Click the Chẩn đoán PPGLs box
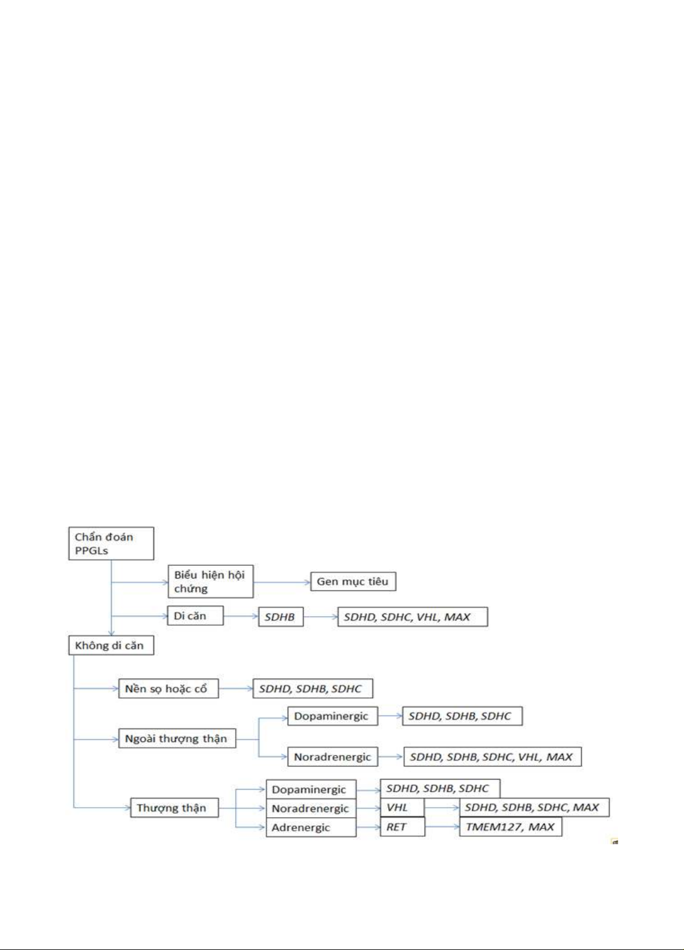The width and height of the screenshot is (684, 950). (x=111, y=543)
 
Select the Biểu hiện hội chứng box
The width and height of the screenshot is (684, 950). (x=211, y=582)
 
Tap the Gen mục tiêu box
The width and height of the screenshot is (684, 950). (x=353, y=582)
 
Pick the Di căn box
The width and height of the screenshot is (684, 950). (x=195, y=616)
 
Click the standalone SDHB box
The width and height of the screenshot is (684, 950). (x=281, y=617)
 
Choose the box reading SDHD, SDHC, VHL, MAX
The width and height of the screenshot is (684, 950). (x=413, y=617)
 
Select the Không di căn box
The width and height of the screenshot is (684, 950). (x=111, y=646)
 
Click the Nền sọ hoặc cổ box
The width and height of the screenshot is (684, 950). (x=169, y=689)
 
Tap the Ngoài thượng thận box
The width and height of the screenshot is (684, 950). (x=177, y=738)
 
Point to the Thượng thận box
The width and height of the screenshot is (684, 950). (x=175, y=808)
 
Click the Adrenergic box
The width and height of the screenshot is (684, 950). (x=311, y=827)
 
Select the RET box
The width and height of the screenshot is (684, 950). (x=402, y=827)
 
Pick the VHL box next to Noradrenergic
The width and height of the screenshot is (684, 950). (x=402, y=807)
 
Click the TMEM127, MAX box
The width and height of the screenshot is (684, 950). (x=511, y=827)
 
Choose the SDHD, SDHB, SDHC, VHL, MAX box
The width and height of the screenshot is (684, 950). (x=492, y=757)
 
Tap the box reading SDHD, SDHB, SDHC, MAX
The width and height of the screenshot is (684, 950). (x=535, y=807)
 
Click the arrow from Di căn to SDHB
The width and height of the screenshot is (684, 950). (x=241, y=616)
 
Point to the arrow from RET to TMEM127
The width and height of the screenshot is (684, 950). (x=442, y=827)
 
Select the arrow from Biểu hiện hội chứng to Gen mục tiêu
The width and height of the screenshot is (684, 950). (x=282, y=582)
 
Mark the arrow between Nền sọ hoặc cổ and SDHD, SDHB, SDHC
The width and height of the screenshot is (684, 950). (x=236, y=689)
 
